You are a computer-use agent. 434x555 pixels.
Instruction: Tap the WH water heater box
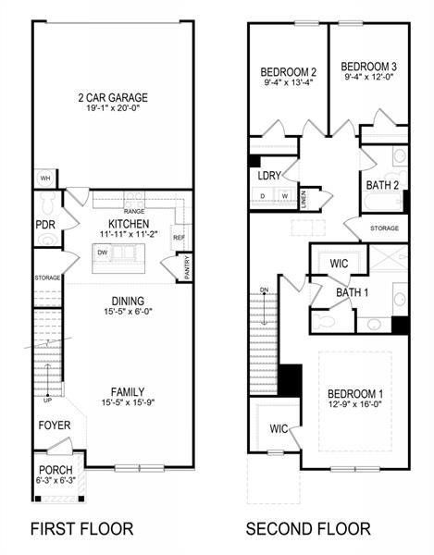(x=44, y=179)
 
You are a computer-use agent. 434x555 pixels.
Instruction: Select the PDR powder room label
(x=43, y=225)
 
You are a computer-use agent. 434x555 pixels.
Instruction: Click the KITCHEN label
(x=129, y=225)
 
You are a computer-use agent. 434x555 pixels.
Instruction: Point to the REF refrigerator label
(x=180, y=238)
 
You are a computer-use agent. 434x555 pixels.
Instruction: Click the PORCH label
(x=56, y=470)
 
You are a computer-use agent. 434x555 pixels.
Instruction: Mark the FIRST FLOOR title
(x=81, y=529)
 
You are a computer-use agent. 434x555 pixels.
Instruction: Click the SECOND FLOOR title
(x=307, y=529)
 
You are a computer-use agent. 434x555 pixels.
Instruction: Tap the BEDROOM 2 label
(x=288, y=71)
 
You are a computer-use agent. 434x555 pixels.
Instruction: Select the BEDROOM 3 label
(x=369, y=67)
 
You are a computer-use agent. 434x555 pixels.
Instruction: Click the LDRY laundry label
(x=269, y=175)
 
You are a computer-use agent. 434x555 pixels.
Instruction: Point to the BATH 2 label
(x=382, y=185)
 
